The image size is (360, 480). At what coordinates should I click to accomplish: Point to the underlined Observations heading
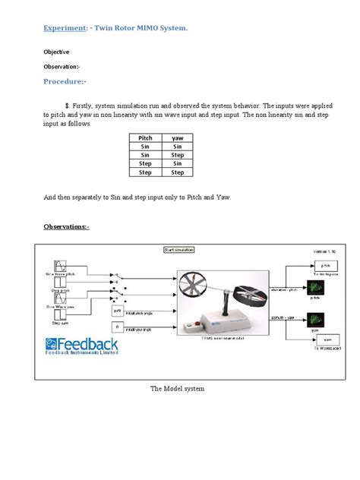66,226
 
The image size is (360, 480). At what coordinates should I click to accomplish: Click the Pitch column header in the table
145,138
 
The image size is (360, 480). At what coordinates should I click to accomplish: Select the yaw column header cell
178,138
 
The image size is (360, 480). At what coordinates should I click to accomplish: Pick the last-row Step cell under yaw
178,172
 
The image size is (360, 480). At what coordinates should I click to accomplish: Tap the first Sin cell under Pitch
145,147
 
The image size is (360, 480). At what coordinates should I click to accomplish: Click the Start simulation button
179,249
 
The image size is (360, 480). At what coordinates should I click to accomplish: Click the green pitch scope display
314,287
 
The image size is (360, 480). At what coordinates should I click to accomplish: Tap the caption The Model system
178,388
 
